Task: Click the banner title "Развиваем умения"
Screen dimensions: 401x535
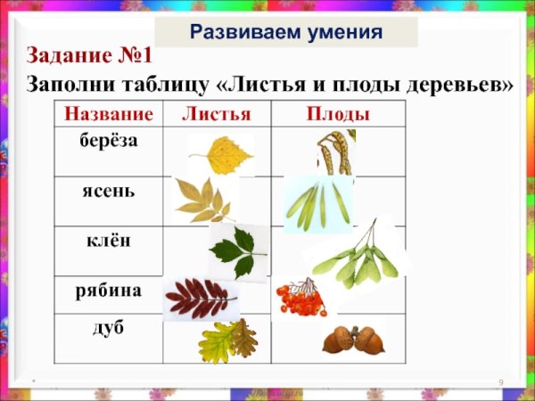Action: pos(286,33)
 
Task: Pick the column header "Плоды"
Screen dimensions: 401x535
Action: pos(338,113)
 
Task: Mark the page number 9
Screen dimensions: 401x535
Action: pos(501,382)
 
